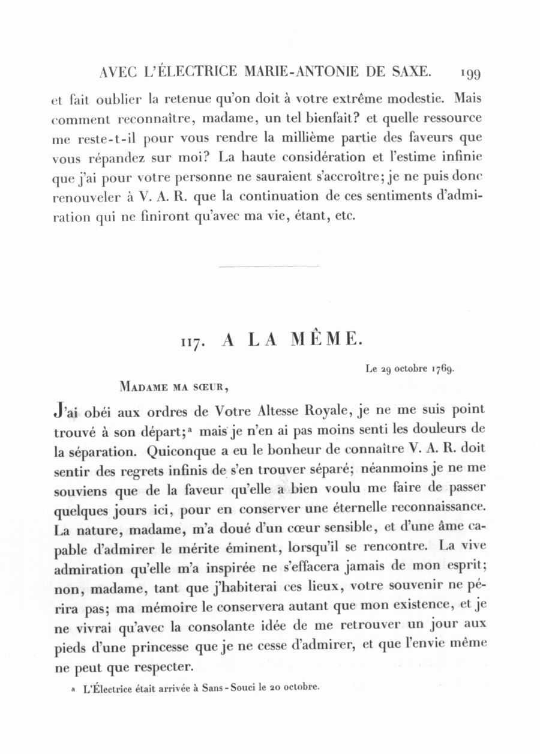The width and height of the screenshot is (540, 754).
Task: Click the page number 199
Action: pos(470,73)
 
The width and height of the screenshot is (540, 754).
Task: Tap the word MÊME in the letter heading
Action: pos(326,340)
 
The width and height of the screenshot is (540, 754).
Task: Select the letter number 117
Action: pos(194,342)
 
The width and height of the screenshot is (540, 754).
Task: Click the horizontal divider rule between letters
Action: pos(269,267)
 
